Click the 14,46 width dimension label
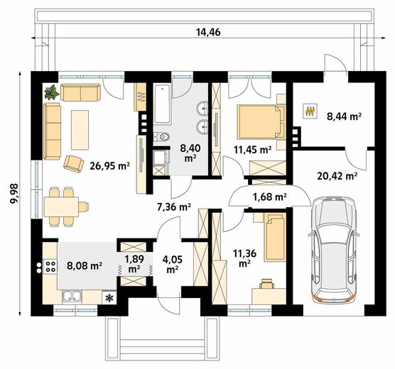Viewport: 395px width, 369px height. click(208, 33)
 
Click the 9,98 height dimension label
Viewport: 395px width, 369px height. click(15, 193)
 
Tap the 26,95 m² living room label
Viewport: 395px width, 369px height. click(110, 166)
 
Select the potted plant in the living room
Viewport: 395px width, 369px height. click(53, 92)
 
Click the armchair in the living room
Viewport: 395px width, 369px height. click(74, 164)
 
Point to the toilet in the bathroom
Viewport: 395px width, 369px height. click(162, 137)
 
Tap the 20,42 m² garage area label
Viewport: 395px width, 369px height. click(337, 177)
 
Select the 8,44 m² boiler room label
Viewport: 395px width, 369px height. click(344, 116)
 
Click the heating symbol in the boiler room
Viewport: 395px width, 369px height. click(310, 111)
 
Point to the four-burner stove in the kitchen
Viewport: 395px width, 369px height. click(50, 267)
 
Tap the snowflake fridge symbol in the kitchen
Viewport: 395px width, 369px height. click(109, 298)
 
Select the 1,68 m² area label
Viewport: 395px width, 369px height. click(269, 197)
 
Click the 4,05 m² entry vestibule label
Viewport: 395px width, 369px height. click(173, 264)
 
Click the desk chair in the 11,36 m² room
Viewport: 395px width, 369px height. click(267, 283)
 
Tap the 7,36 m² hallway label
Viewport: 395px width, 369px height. click(174, 207)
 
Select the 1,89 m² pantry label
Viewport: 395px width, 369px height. click(134, 264)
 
